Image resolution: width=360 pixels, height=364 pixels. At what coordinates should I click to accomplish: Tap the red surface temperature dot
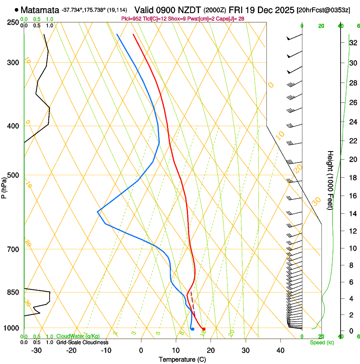(x=204, y=329)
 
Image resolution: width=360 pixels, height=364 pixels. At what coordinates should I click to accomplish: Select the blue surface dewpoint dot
(x=192, y=329)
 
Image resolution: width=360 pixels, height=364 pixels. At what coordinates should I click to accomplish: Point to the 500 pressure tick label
(x=12, y=175)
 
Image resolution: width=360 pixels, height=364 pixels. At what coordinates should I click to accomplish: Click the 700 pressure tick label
(x=12, y=249)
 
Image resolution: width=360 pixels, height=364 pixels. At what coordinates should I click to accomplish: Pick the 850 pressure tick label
(x=12, y=292)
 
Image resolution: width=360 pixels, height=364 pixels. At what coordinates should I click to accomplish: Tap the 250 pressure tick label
(x=12, y=22)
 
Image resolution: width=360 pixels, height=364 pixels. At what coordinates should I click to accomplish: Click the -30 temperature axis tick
(x=36, y=350)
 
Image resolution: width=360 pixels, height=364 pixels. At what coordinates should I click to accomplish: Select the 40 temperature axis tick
(x=280, y=350)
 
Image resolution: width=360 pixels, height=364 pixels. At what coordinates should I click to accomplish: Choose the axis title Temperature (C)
(x=182, y=359)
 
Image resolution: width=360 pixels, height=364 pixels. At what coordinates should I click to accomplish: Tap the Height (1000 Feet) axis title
(x=330, y=180)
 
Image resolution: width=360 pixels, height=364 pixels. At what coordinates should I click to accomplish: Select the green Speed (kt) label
(x=321, y=342)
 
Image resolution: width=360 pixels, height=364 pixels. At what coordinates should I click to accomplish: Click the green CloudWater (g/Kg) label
(x=78, y=336)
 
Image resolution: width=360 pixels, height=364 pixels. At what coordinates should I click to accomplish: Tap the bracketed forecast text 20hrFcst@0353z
(x=324, y=10)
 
